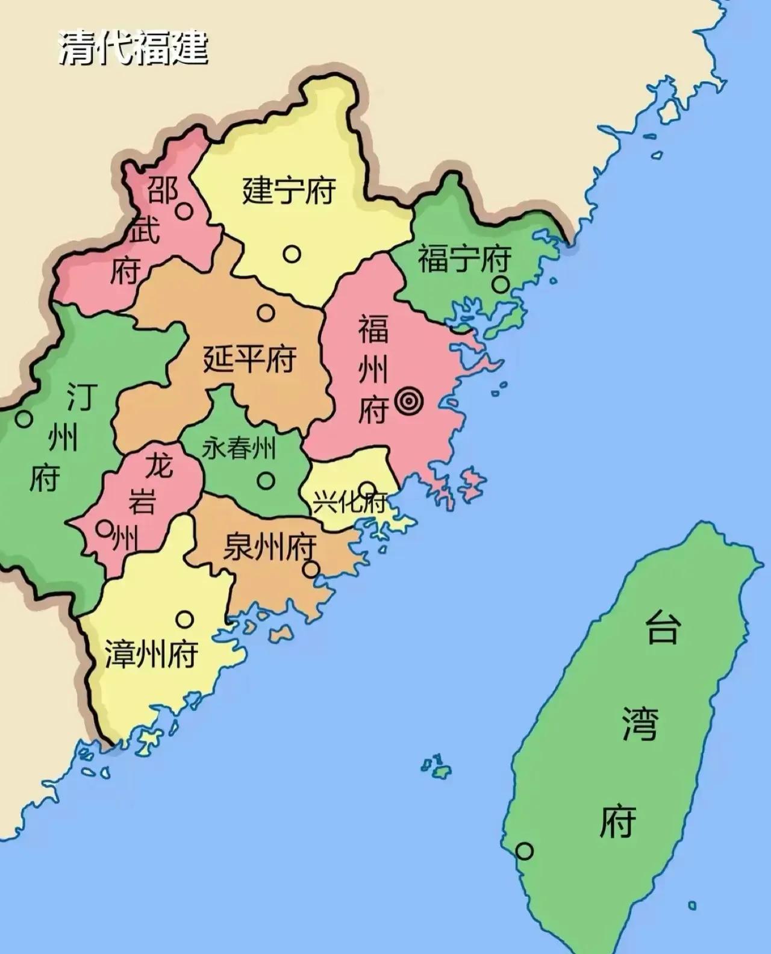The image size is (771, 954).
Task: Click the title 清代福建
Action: click(x=133, y=47)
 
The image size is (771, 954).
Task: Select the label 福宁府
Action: click(x=464, y=258)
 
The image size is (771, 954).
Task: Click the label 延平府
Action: click(x=249, y=360)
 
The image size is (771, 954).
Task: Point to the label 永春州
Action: click(x=239, y=449)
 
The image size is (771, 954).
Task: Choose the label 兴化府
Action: click(x=349, y=502)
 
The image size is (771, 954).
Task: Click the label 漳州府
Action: click(x=152, y=654)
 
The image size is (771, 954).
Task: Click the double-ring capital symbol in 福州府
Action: click(x=410, y=400)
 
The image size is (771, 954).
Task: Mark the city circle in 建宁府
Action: click(x=292, y=254)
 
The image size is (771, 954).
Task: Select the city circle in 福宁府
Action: click(x=500, y=284)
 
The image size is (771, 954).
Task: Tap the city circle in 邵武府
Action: click(x=184, y=211)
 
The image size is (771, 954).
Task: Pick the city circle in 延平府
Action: click(x=266, y=313)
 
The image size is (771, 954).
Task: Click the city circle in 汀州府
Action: click(x=24, y=419)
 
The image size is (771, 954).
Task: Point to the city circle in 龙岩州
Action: click(x=105, y=528)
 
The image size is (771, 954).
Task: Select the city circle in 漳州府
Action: click(x=185, y=619)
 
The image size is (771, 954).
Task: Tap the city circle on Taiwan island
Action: click(x=525, y=851)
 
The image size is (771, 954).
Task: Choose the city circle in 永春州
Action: click(x=266, y=480)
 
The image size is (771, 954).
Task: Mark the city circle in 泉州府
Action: click(x=311, y=569)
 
